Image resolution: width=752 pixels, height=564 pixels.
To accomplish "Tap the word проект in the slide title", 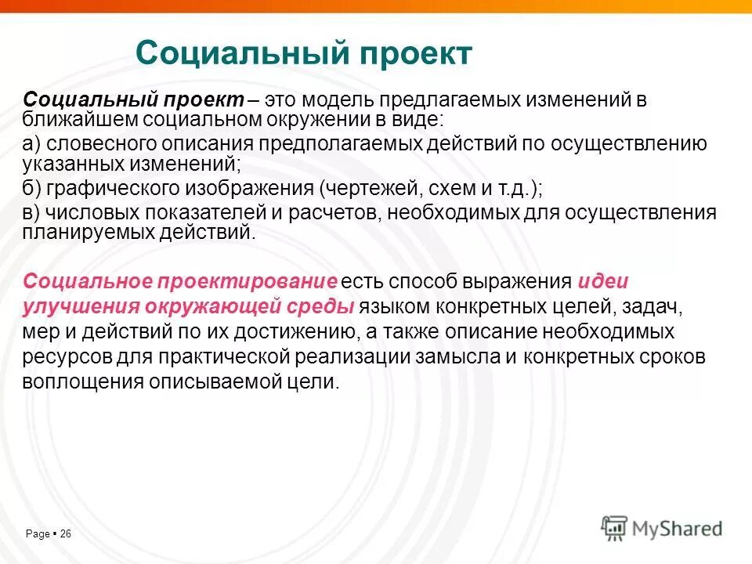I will pyautogui.click(x=416, y=53).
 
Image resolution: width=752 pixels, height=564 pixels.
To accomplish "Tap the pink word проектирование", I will pyautogui.click(x=248, y=282).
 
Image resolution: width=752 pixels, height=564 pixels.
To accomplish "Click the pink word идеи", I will pyautogui.click(x=603, y=282).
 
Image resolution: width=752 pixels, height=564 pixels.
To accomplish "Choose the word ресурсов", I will pyautogui.click(x=62, y=356).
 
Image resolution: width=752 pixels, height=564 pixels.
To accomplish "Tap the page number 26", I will pyautogui.click(x=65, y=534).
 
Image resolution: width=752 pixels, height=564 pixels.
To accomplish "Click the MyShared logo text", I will pyautogui.click(x=678, y=529).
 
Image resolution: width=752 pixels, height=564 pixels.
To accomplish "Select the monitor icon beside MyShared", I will pyautogui.click(x=615, y=527).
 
